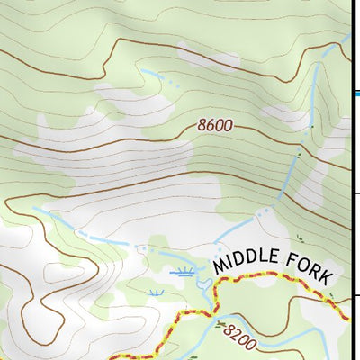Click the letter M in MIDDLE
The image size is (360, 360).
click(220, 265)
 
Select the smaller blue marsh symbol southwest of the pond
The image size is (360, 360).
click(157, 292)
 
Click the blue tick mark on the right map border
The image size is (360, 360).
click(356, 93)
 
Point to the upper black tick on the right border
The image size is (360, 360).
click(356, 193)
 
